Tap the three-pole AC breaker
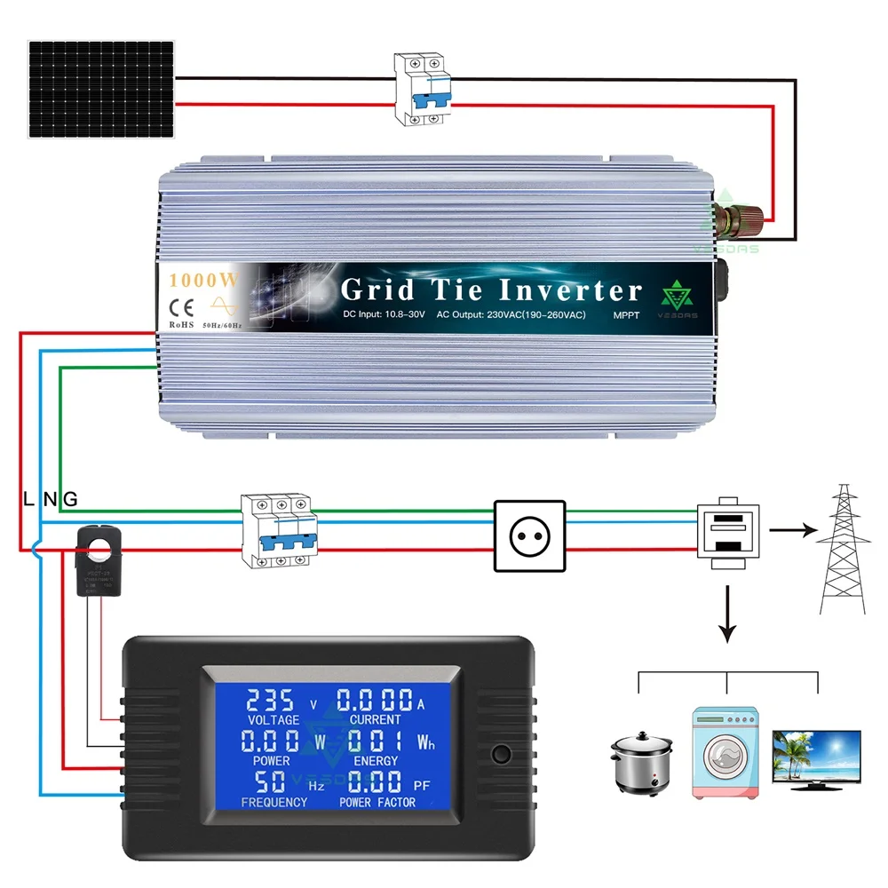(x=278, y=530)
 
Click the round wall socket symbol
(x=529, y=535)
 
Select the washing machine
(x=726, y=749)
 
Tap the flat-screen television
(x=816, y=757)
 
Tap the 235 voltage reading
(x=272, y=699)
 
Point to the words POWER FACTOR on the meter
(x=377, y=803)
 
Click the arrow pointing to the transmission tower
(x=793, y=530)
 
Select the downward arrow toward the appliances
(x=728, y=615)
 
